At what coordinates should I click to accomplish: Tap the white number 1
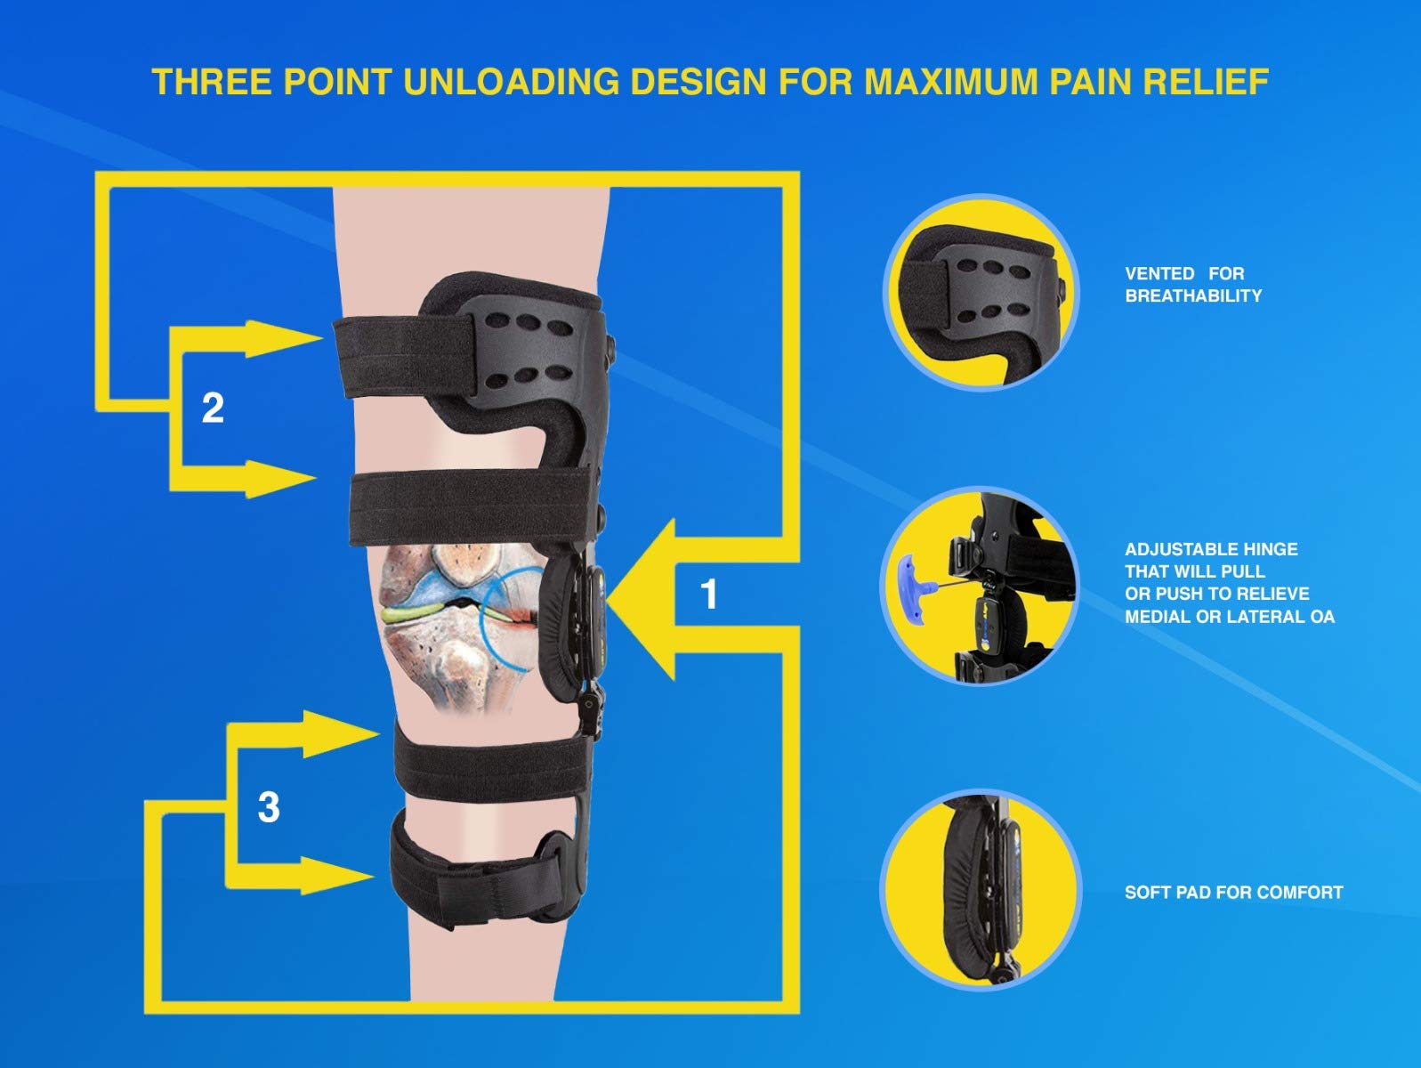coord(708,595)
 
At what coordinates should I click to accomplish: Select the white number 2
coord(213,409)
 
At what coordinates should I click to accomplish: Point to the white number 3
coord(268,807)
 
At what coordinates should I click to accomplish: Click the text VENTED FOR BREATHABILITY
coord(1192,285)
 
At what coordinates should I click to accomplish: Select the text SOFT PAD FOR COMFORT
coord(1233,892)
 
